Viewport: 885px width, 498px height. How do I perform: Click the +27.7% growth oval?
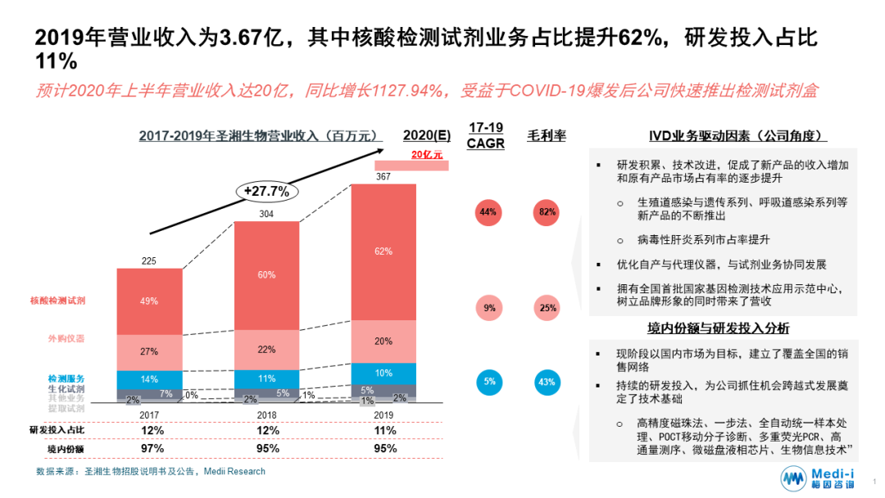tap(267, 191)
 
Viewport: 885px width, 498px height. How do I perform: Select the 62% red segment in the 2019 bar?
tap(383, 251)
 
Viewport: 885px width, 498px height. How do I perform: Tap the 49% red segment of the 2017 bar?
tap(149, 301)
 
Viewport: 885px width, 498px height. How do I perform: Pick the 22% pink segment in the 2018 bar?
tap(266, 349)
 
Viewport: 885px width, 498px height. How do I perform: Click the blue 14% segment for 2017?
tap(149, 379)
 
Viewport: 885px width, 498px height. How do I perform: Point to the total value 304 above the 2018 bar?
tap(266, 214)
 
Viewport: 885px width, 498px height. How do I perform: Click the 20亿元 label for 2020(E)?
tap(426, 154)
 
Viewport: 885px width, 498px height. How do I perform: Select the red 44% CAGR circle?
tap(488, 213)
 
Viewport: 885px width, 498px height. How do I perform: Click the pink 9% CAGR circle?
tap(488, 308)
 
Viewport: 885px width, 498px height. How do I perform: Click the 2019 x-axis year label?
tap(383, 414)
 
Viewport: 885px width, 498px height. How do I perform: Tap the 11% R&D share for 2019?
tap(383, 430)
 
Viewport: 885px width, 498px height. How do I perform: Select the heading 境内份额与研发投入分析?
tap(719, 328)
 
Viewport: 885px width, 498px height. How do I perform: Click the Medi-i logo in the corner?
tap(820, 478)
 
